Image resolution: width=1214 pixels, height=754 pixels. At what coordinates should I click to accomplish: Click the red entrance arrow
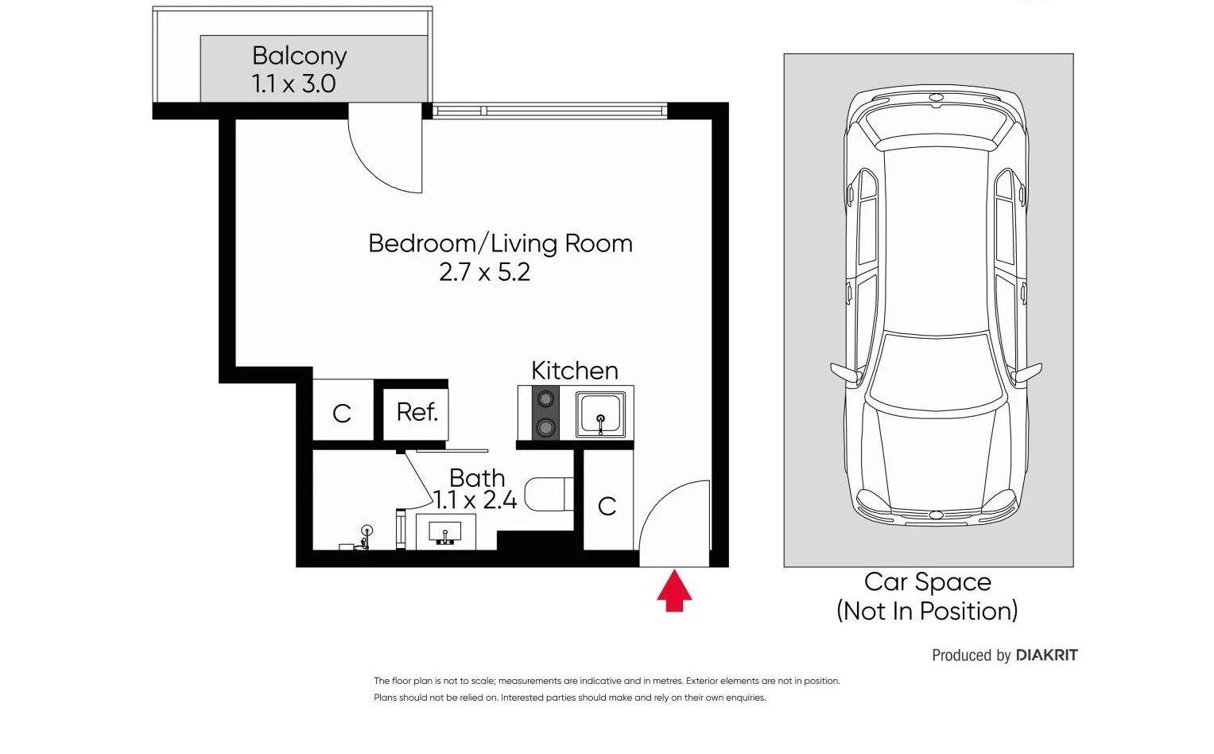pos(674,591)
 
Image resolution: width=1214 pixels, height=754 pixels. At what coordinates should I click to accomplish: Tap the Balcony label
pos(299,56)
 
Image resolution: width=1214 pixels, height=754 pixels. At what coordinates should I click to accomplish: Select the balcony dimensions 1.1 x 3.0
pos(293,84)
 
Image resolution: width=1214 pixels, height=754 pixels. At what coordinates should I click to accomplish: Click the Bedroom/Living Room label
pos(500,243)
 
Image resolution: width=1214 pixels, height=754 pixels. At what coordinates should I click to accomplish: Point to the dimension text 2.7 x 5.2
pos(484,272)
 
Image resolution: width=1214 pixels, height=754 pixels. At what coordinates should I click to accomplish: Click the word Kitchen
pos(574,371)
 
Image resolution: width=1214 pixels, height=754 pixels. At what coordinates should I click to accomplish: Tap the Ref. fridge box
pos(417,413)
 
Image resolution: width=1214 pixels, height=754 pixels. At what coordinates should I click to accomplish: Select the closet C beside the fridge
pos(342,413)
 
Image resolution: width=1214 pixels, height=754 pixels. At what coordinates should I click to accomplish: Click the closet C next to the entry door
pos(607,506)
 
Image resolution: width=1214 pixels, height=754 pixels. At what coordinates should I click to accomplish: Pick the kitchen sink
pos(600,414)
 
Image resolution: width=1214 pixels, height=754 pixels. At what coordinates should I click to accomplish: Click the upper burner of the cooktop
pos(545,398)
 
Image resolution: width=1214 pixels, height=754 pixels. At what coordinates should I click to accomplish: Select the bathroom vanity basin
pos(444,531)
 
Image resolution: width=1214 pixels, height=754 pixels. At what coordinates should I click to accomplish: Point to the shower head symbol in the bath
pos(367,531)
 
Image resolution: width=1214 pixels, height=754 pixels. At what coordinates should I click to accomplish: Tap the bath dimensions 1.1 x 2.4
pos(475,500)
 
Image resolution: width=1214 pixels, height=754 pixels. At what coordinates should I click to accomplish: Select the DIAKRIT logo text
pos(1047,655)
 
